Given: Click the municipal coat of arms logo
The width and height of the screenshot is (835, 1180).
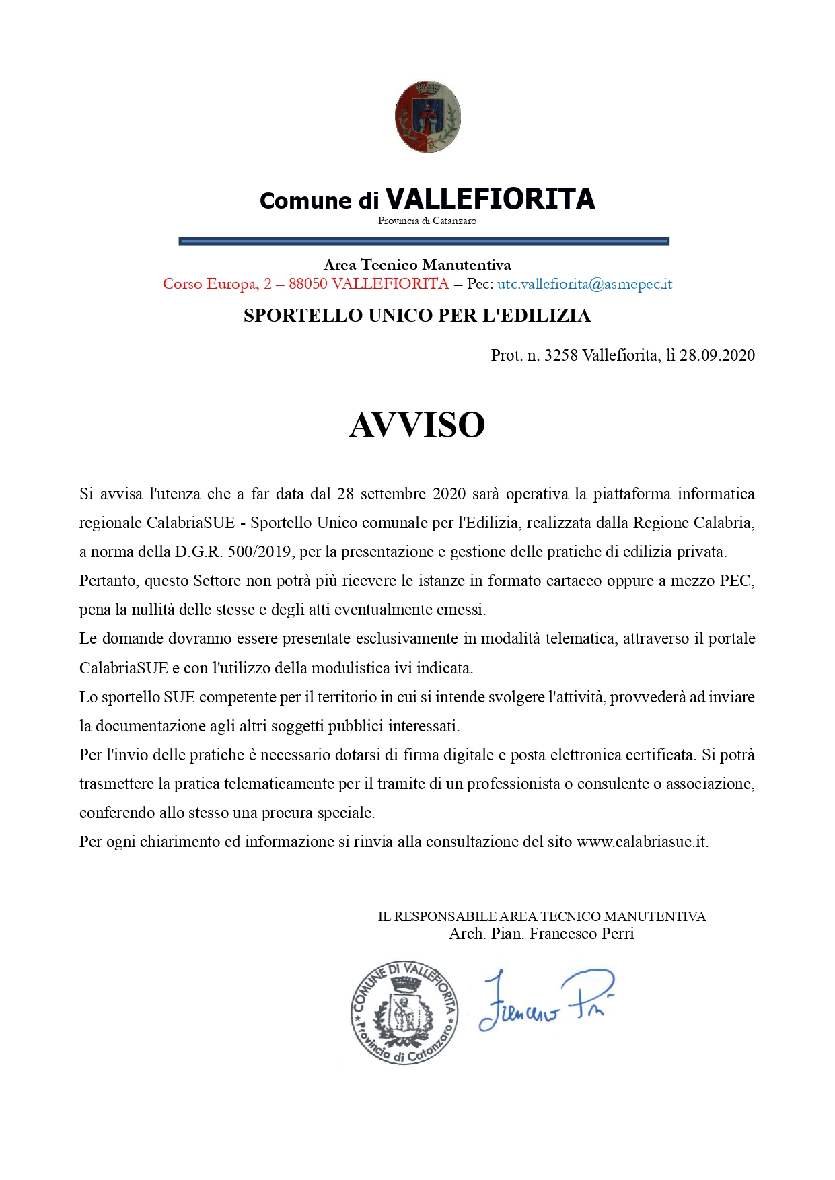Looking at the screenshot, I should [x=427, y=117].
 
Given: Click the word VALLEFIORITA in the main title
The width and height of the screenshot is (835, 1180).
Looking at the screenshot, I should [x=490, y=199].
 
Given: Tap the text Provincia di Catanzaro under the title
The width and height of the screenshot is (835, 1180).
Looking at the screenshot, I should [x=427, y=221].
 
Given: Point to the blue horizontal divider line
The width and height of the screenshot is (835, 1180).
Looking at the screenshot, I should [x=423, y=241].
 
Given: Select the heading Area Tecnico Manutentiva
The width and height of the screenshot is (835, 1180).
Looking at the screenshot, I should [x=417, y=264].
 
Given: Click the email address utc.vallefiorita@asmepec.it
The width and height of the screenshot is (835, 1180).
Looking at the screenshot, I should [x=584, y=284].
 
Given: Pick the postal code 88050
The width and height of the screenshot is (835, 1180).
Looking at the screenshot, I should [x=307, y=284].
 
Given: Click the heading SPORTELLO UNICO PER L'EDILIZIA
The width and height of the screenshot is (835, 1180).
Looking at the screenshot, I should [x=417, y=316].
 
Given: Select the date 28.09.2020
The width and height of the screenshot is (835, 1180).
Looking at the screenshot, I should [x=717, y=355].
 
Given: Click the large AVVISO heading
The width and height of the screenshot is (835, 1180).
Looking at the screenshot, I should [x=417, y=425].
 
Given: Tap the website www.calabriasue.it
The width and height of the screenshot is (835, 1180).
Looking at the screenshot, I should [x=641, y=842].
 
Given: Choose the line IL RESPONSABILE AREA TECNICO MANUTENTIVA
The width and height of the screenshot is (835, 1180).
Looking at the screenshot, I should [x=542, y=916].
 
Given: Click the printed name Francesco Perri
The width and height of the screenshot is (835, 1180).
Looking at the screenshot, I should [x=581, y=934].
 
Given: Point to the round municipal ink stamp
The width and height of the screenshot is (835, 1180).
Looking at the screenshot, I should [x=404, y=1012].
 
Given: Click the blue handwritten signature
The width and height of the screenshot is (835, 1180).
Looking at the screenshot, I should [x=545, y=999].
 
